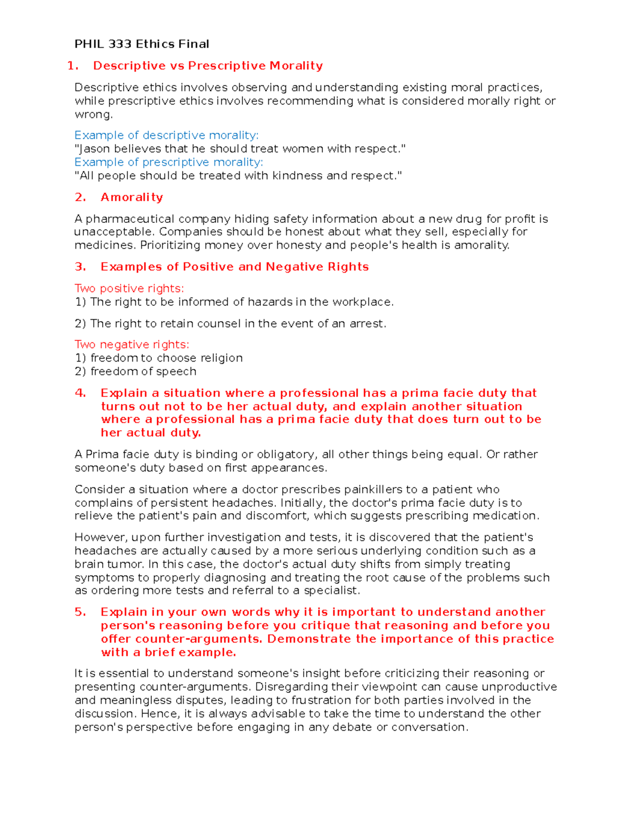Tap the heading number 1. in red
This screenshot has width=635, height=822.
click(x=73, y=66)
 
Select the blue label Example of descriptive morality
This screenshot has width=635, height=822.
click(x=166, y=135)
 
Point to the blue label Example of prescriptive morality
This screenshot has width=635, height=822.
click(x=168, y=162)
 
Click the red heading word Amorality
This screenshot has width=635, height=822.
click(x=132, y=197)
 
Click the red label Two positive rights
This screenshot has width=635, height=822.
click(x=129, y=288)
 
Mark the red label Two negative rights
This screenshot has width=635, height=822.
click(x=132, y=345)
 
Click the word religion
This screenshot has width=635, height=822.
click(x=221, y=358)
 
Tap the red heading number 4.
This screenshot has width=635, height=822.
click(x=80, y=393)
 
